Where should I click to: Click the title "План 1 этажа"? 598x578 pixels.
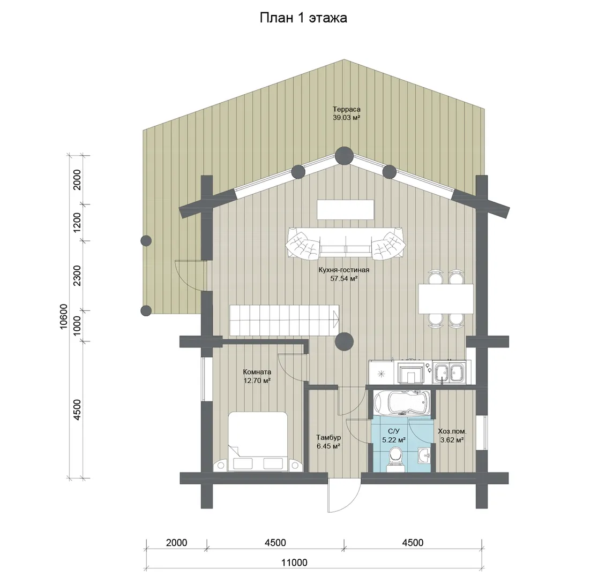point(303,18)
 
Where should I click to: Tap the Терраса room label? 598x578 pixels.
point(346,113)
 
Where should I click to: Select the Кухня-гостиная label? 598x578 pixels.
point(343,274)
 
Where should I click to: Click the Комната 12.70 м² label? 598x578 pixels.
point(257,376)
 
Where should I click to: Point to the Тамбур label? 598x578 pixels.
point(328,442)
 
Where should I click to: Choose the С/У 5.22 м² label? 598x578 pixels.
point(394,435)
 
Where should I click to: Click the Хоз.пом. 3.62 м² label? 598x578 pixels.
point(452,436)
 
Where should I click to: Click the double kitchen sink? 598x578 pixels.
point(449,372)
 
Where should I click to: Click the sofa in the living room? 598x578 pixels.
point(345,244)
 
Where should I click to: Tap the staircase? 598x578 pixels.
point(284,321)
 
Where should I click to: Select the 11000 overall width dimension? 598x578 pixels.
point(294,562)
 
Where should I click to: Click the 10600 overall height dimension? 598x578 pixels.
point(64,316)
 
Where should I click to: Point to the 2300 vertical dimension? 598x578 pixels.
point(77,276)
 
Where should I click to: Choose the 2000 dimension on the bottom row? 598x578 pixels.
point(177,542)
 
